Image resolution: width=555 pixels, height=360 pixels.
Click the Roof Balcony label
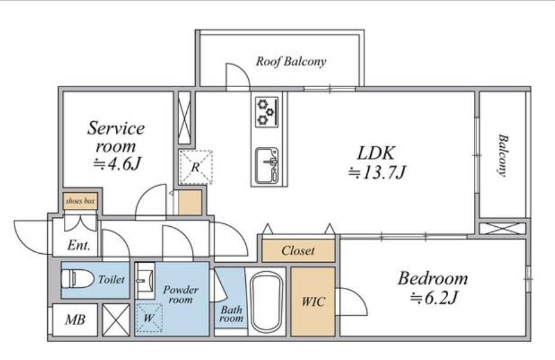click(x=291, y=61)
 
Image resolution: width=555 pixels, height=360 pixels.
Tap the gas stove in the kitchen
click(x=267, y=112)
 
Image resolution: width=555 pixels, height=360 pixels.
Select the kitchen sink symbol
click(x=267, y=165)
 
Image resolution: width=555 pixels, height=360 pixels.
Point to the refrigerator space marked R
click(x=196, y=167)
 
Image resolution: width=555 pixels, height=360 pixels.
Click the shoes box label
click(x=81, y=201)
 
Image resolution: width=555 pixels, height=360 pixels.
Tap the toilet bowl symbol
click(x=77, y=279)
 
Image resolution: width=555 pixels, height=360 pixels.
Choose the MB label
click(x=75, y=320)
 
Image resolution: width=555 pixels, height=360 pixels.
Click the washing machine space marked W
click(x=149, y=318)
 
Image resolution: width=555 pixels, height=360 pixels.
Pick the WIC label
click(x=313, y=301)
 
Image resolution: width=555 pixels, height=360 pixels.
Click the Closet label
click(x=298, y=251)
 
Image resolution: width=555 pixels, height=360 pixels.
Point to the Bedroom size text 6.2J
click(x=434, y=298)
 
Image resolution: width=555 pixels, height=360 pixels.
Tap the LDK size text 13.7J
click(x=377, y=173)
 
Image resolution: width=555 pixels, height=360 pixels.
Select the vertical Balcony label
click(x=502, y=155)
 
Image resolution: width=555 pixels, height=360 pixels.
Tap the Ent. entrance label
click(x=79, y=245)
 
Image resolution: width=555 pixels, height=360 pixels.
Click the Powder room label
click(x=180, y=294)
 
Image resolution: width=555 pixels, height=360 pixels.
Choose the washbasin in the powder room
click(x=146, y=281)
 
